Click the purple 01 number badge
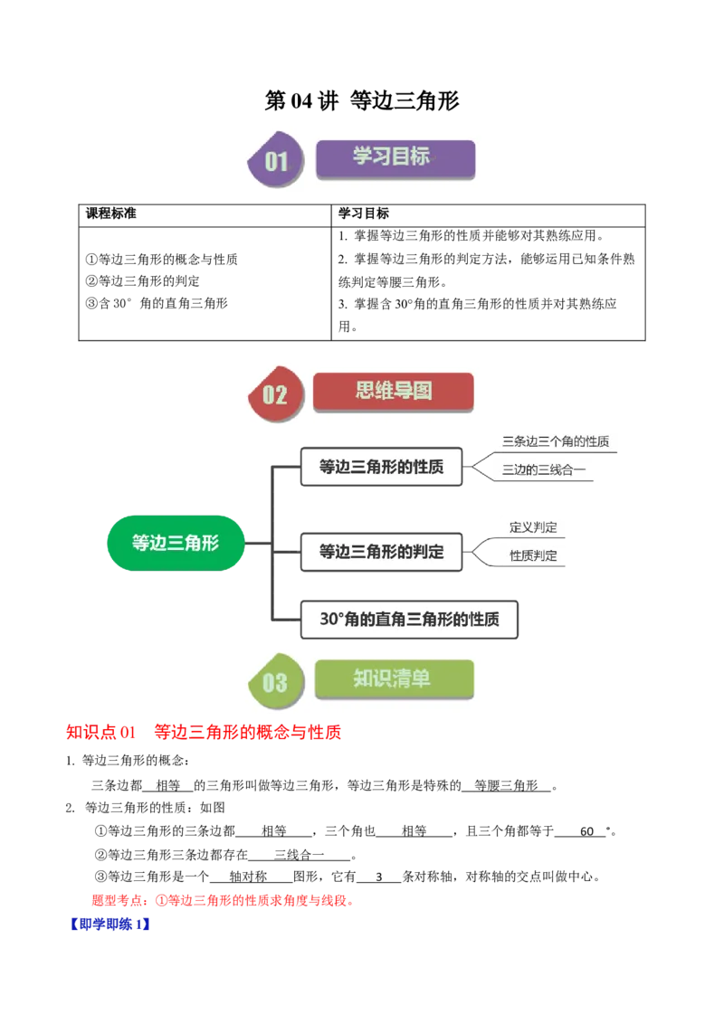tap(276, 162)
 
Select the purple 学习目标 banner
tap(395, 157)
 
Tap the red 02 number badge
tap(274, 394)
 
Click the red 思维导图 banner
tap(393, 391)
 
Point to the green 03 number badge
tap(274, 681)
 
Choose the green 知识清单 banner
tap(394, 678)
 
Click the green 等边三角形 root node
tap(176, 543)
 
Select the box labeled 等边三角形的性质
tap(381, 468)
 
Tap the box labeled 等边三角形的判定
tap(381, 551)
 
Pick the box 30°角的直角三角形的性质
tap(409, 621)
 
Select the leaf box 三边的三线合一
tap(545, 469)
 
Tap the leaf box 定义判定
tap(534, 527)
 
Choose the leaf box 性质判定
tap(534, 555)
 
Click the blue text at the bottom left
tap(109, 924)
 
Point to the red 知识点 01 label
tap(100, 733)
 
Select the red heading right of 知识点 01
tap(248, 733)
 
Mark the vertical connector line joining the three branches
tap(270, 543)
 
